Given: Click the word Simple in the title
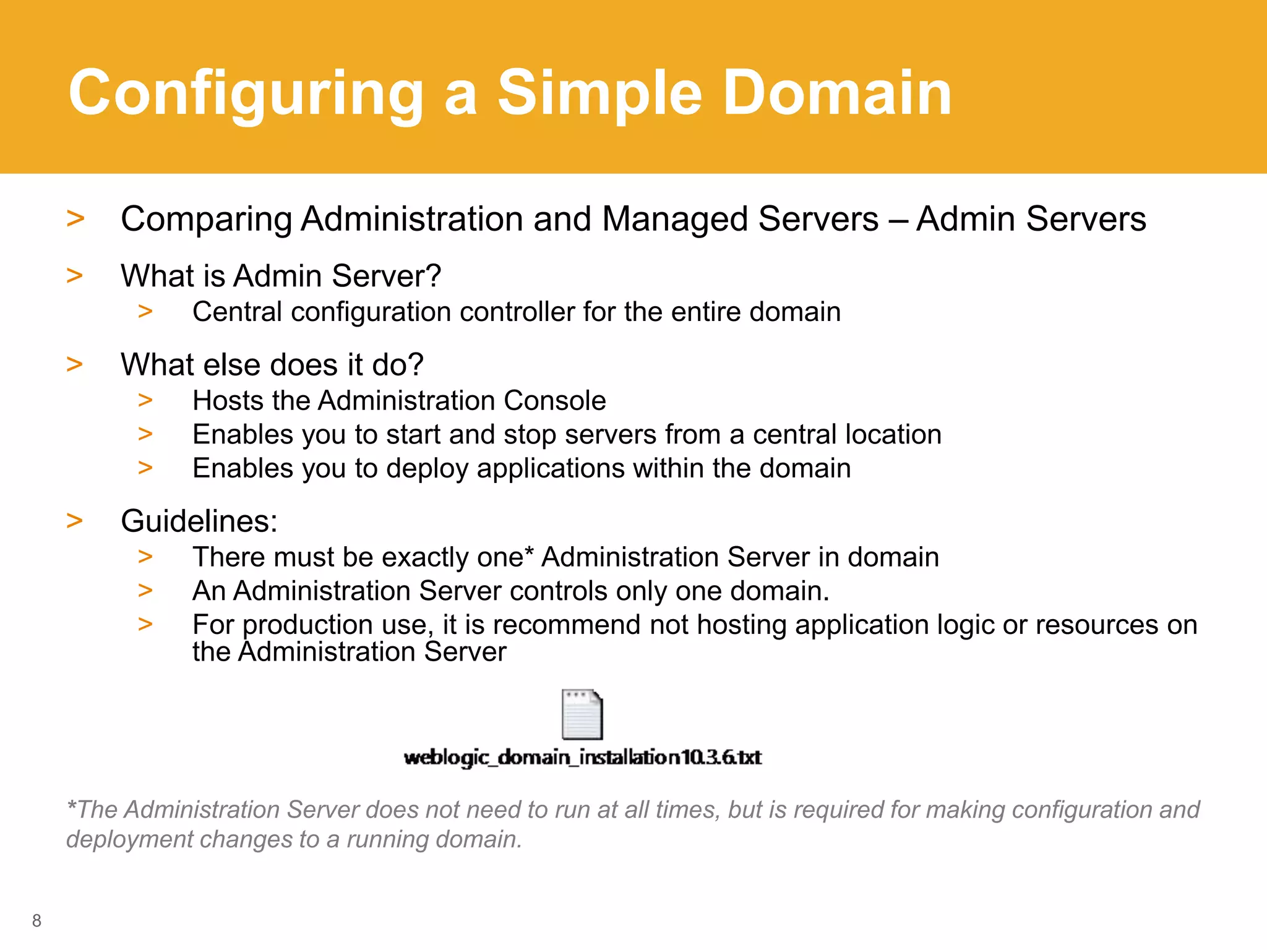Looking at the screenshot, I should (599, 94).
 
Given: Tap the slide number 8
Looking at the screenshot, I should (37, 920).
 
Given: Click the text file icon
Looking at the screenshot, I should (582, 714).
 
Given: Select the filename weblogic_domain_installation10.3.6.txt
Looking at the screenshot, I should (582, 757).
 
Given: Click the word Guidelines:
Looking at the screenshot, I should (199, 521).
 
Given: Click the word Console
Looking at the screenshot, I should (555, 401).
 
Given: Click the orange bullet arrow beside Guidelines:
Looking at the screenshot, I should (75, 521).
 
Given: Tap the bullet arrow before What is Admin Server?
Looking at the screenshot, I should (75, 276).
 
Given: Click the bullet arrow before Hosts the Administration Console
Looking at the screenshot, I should (145, 401).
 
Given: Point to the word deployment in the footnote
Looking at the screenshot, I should (130, 839).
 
